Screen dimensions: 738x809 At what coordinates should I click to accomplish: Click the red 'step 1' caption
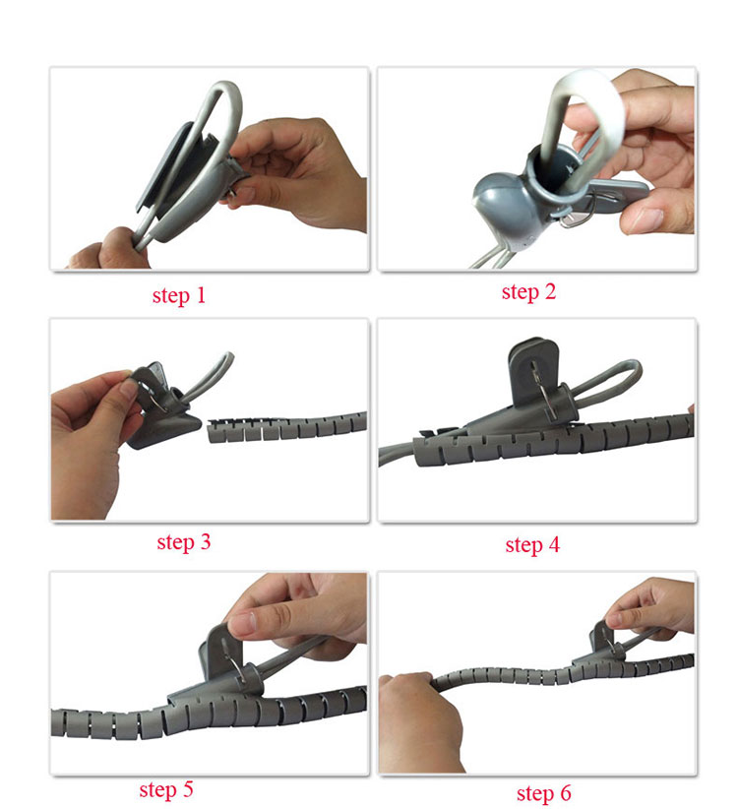(x=179, y=295)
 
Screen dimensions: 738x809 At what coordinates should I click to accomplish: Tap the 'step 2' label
(x=528, y=292)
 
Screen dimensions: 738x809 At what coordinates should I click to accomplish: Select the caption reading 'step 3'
(x=184, y=542)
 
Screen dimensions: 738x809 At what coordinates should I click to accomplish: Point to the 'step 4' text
(x=532, y=545)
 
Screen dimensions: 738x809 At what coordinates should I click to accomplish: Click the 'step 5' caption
(x=166, y=789)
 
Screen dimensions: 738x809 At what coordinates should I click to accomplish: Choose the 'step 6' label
(x=543, y=793)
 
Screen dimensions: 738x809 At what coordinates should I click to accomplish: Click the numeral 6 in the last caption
(x=566, y=792)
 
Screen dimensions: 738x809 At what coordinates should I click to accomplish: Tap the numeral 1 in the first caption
(x=201, y=295)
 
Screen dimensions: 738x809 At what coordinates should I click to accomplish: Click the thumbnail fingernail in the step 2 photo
(x=646, y=218)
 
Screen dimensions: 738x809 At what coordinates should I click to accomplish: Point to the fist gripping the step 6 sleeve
(x=419, y=722)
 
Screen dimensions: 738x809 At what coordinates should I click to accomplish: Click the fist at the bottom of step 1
(x=111, y=249)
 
